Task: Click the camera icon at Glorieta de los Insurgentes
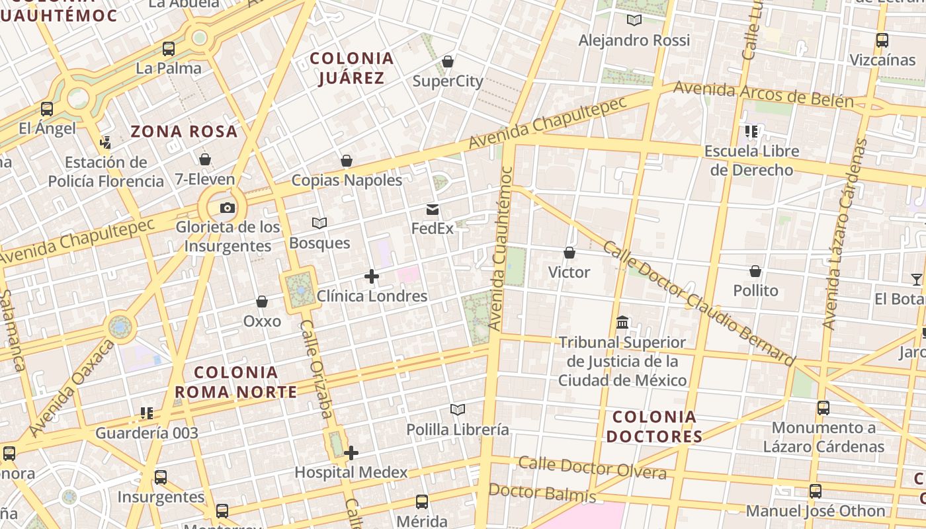pos(227,208)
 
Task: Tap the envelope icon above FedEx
pos(433,210)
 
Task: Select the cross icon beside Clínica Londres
pos(372,276)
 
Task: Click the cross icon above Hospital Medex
pos(351,453)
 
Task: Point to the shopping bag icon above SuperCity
pos(448,61)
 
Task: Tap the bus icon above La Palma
pos(169,48)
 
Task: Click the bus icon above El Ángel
pos(47,109)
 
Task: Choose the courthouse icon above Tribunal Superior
pos(622,323)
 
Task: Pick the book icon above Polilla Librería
pos(458,410)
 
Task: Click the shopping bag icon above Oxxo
pos(262,302)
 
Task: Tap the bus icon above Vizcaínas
pos(882,40)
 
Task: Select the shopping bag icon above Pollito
pos(755,271)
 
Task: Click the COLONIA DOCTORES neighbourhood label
pos(654,427)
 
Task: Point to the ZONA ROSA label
pos(184,131)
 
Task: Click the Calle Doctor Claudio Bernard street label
pos(698,302)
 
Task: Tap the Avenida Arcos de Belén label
pos(763,94)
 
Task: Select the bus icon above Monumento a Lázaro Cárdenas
pos(823,408)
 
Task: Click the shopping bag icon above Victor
pos(569,253)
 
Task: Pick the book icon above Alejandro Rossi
pos(634,20)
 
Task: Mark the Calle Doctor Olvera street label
pos(592,468)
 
